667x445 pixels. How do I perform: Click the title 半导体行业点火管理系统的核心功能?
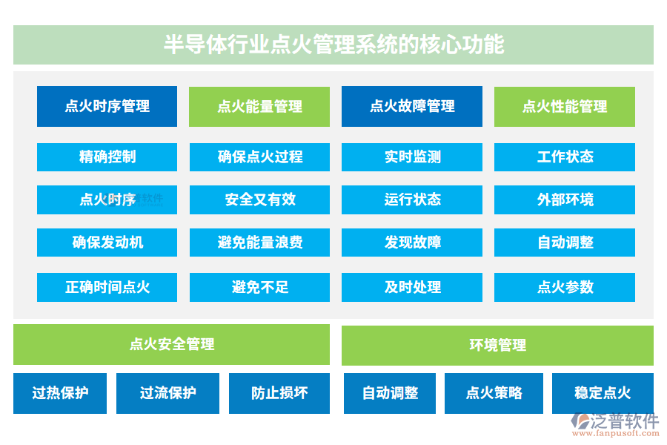click(x=333, y=44)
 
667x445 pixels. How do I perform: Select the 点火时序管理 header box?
click(x=107, y=106)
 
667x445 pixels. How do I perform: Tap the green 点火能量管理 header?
click(x=259, y=106)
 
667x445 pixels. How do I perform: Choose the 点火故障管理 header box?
click(x=412, y=106)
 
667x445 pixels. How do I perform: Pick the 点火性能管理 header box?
click(x=565, y=106)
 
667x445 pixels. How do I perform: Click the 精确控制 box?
click(x=107, y=156)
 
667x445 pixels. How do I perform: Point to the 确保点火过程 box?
click(x=259, y=156)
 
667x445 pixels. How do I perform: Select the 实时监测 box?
click(x=412, y=156)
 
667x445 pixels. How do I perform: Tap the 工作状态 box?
click(x=565, y=156)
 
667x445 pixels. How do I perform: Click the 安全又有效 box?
click(x=259, y=200)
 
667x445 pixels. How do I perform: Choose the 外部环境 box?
click(x=565, y=200)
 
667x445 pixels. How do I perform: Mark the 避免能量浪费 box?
click(x=259, y=243)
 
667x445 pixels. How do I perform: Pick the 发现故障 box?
click(x=412, y=243)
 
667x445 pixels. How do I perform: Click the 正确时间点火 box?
click(x=107, y=287)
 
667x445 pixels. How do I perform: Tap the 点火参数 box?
click(x=565, y=287)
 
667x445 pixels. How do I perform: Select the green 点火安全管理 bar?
click(x=171, y=344)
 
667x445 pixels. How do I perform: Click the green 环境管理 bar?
click(x=497, y=344)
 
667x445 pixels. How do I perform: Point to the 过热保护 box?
click(x=60, y=393)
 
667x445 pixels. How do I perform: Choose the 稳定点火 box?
click(x=603, y=393)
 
